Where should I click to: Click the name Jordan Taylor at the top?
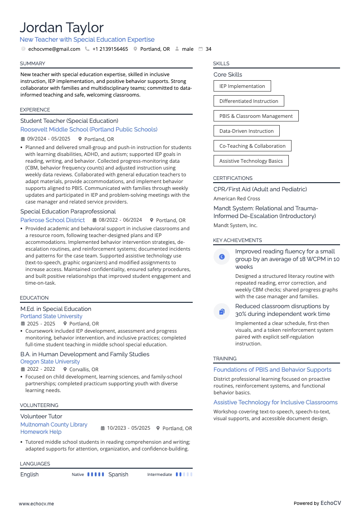[62, 28]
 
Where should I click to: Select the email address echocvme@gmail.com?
[54, 49]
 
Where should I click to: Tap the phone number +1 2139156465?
[110, 49]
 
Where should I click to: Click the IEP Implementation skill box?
[242, 86]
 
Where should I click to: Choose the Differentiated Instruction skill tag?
[248, 101]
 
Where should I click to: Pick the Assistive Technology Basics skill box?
[251, 161]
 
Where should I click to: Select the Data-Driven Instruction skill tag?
[246, 131]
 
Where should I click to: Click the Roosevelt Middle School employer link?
[89, 130]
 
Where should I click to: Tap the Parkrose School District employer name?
[53, 220]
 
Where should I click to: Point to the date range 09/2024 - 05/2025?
[49, 139]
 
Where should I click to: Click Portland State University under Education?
[51, 316]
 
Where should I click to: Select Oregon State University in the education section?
[50, 362]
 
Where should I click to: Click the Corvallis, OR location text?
[83, 369]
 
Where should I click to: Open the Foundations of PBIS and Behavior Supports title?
[272, 370]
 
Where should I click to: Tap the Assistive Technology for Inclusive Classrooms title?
[275, 402]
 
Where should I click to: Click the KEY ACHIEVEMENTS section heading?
[237, 240]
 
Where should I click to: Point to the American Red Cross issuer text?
[237, 199]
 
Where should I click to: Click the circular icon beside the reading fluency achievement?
[222, 257]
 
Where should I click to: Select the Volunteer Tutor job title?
[41, 416]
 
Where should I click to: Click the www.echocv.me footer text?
[36, 503]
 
